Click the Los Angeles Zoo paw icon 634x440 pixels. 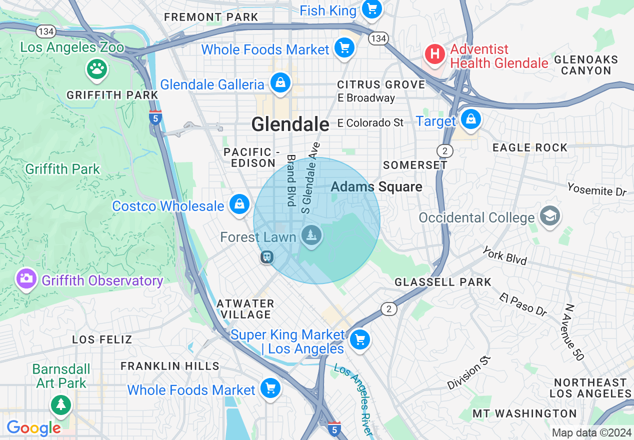coord(97,69)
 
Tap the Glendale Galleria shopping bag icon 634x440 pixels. coord(280,83)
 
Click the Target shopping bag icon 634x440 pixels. coord(470,120)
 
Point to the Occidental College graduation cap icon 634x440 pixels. coord(549,216)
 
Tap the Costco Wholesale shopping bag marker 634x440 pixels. coord(239,204)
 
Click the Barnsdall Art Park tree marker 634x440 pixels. coord(61,403)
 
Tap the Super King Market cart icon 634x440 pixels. coord(359,340)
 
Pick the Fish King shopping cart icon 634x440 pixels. coord(371,9)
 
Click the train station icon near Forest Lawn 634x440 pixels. coord(267,257)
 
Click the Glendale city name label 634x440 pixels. coord(290,124)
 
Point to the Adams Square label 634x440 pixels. coord(376,187)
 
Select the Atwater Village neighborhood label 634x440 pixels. coord(245,309)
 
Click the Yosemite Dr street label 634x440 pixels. coord(596,189)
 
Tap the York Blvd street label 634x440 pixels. coord(504,255)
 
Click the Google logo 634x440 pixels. coord(33,428)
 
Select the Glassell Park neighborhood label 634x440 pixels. coord(443,282)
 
